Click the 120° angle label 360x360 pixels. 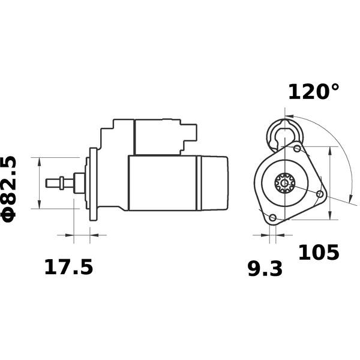(313, 92)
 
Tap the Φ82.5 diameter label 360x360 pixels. (9, 190)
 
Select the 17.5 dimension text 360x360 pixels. (68, 267)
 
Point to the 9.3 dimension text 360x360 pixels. (265, 269)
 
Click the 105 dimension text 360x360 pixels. (319, 253)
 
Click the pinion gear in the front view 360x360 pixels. (284, 183)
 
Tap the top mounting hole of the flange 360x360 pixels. (298, 149)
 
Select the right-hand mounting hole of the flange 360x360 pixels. (320, 194)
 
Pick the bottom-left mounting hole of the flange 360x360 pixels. (273, 217)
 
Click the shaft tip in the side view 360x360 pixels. (47, 183)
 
